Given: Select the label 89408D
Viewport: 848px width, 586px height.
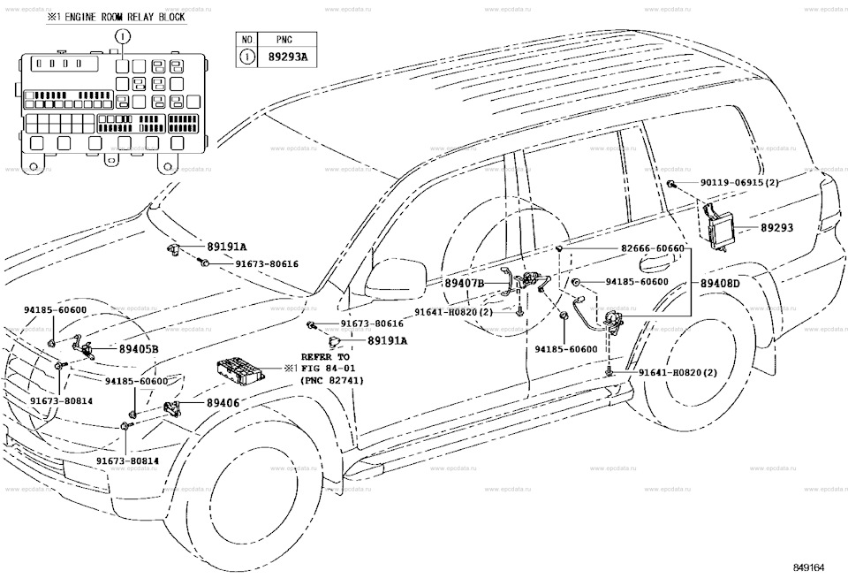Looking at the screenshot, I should pos(720,283).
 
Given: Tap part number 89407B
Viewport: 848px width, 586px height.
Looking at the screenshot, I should pos(465,283).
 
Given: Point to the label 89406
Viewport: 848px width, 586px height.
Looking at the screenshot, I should pos(223,403).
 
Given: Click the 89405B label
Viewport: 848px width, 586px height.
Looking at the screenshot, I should pos(139,349).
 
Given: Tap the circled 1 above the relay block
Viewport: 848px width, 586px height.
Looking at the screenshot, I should pos(122,36).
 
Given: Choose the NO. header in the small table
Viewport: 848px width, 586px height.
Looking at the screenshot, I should pos(249,40).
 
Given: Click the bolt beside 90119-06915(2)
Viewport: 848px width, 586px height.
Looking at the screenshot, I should pos(671,184).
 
